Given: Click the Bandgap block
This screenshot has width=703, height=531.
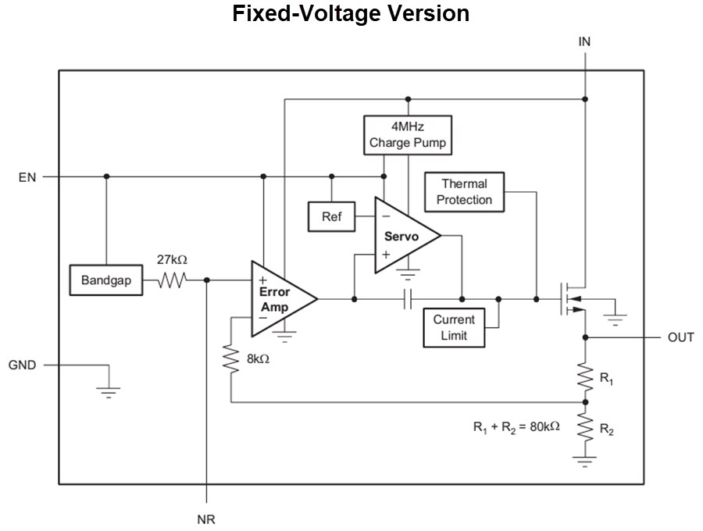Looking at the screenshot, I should coord(105,281).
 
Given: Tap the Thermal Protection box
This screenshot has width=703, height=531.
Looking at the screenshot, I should coord(464,192).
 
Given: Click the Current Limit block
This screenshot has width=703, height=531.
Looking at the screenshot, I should coord(453,327).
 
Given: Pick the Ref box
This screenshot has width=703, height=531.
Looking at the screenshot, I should coord(331,216).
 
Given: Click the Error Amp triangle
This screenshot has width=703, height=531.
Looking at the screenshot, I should coord(279,299).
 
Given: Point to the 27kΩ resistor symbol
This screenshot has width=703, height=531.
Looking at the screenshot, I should coord(171,280).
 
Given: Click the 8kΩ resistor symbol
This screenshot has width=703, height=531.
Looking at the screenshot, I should coord(231,360).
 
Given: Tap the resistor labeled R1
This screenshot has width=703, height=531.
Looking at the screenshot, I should coord(584,379).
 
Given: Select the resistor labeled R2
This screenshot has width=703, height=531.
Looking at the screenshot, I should coord(584,429).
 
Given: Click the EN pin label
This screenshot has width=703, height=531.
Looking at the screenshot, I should coord(27,177).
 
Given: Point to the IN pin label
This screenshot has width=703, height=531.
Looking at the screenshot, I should coord(584,42).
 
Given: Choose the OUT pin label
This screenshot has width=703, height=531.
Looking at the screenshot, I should coord(680,338).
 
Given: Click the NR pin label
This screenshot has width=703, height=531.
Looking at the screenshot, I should coord(206,519).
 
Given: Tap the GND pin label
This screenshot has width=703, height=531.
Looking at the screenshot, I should coord(22,365).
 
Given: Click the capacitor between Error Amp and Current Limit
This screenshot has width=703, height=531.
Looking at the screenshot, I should coord(408,299).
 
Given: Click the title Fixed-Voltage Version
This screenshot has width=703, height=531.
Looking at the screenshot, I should coord(351,14).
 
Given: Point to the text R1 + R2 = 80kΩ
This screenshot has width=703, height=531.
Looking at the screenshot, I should coord(516,427).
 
